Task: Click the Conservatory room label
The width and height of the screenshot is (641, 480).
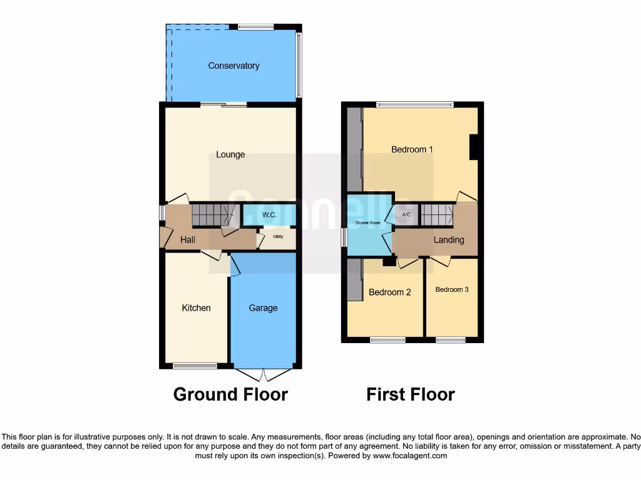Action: [x=233, y=66]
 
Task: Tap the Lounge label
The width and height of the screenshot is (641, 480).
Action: [x=230, y=154]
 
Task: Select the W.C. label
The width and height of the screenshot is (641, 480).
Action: [x=269, y=215]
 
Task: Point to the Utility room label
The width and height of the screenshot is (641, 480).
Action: [x=279, y=237]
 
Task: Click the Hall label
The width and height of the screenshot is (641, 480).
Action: [x=188, y=239]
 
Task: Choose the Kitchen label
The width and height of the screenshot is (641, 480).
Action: [x=196, y=307]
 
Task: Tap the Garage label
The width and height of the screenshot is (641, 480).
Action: [x=263, y=307]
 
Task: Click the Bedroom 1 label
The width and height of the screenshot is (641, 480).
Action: [x=412, y=149]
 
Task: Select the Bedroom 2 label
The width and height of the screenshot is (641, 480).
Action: [x=389, y=292]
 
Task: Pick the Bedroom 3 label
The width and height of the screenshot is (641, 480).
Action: [x=452, y=289]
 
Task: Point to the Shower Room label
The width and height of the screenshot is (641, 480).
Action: [x=367, y=222]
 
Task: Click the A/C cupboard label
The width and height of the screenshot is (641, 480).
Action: [x=406, y=215]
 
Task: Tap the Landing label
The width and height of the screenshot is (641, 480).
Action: [x=449, y=239]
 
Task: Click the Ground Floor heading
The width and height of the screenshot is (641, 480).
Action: [x=230, y=394]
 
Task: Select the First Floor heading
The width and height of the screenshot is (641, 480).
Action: [x=411, y=394]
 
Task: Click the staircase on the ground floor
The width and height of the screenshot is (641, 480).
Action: [x=212, y=214]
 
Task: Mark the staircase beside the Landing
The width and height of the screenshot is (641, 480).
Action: [x=437, y=214]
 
